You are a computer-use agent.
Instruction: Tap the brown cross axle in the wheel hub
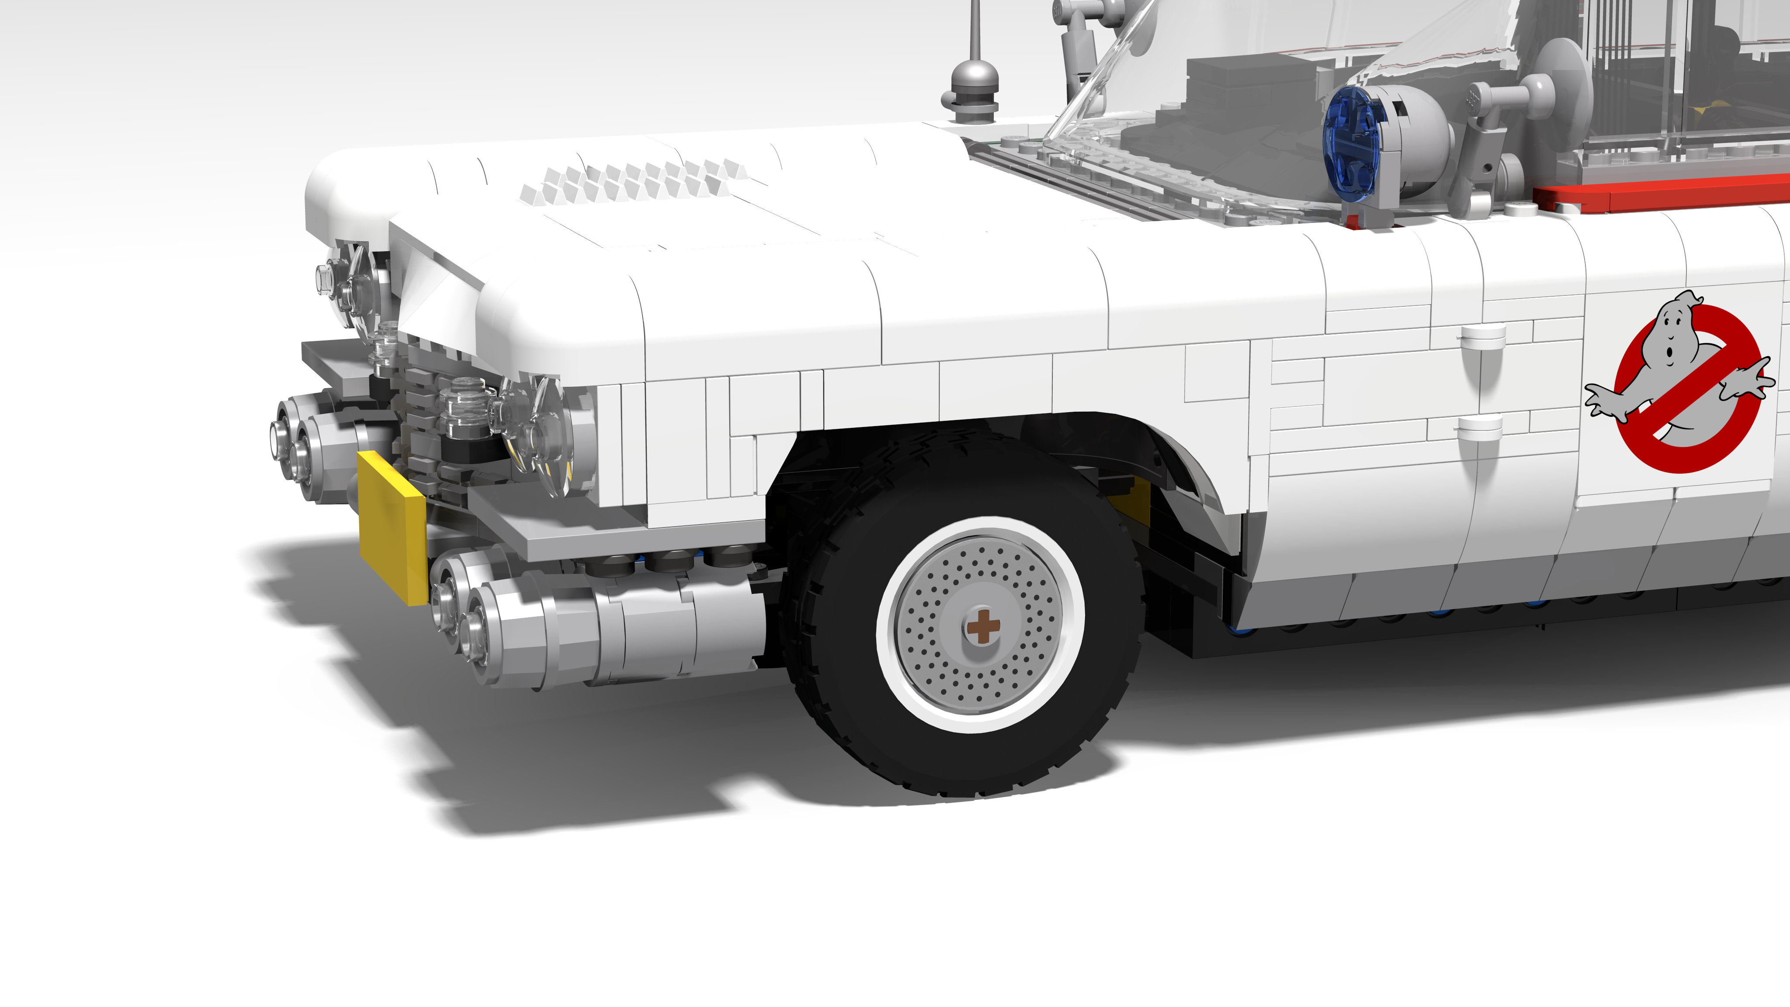[x=982, y=626]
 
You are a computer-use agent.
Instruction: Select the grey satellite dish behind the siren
[x=1564, y=90]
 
